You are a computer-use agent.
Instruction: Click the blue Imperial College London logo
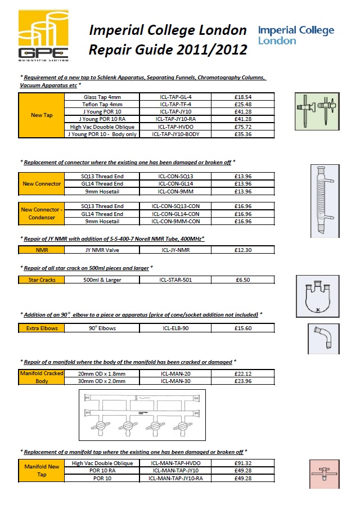point(295,35)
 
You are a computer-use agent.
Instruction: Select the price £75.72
point(243,127)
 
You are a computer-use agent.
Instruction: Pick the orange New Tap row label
point(40,116)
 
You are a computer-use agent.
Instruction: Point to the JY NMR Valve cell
point(102,249)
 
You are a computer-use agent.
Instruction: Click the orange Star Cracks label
point(42,280)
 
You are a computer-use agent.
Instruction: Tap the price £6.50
point(243,280)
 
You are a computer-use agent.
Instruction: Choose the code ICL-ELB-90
point(176,328)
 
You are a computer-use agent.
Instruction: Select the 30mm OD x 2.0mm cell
point(102,381)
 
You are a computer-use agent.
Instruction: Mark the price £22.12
point(243,373)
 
